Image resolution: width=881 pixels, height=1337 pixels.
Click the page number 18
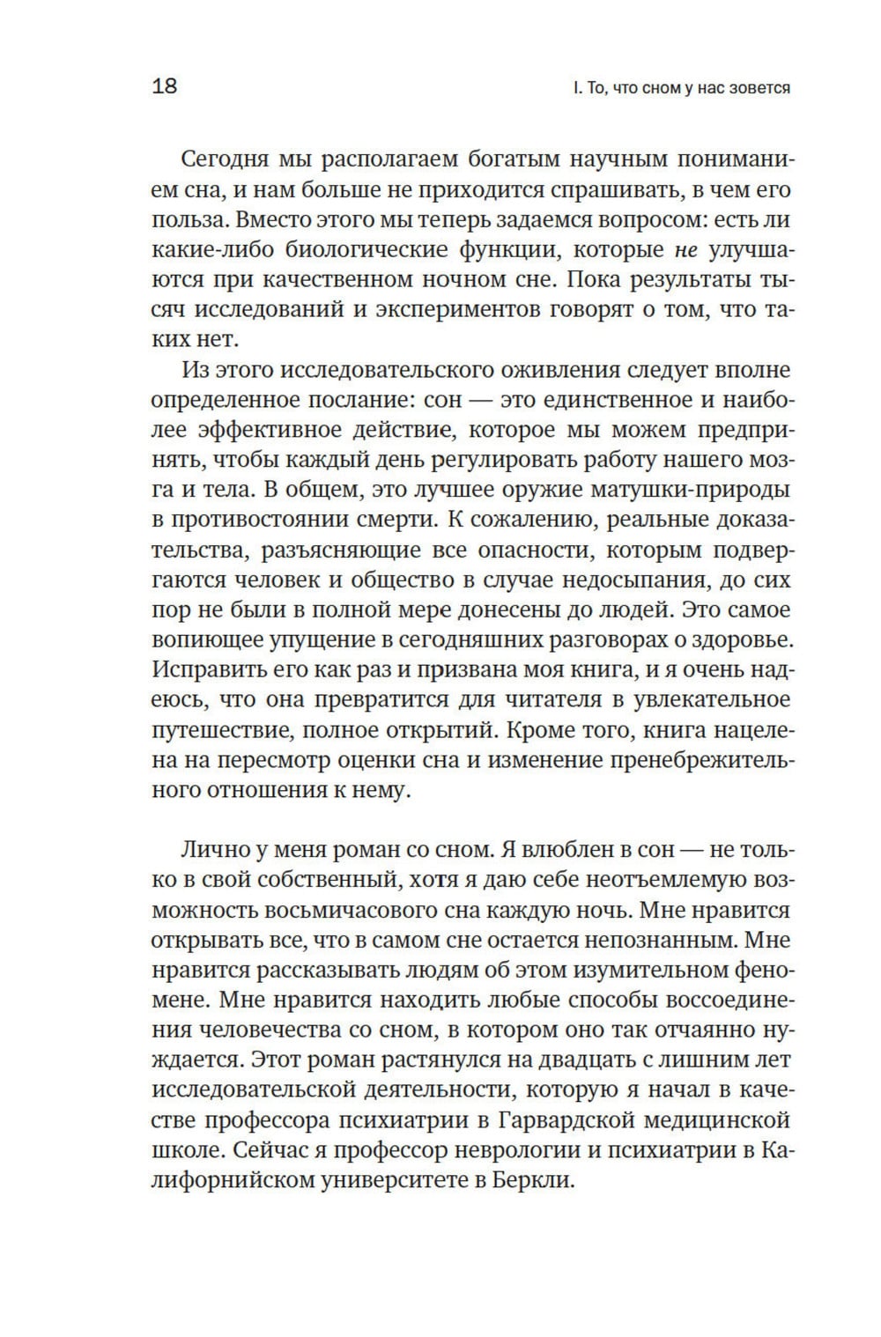pyautogui.click(x=165, y=86)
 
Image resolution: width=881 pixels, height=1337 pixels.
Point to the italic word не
pyautogui.click(x=685, y=250)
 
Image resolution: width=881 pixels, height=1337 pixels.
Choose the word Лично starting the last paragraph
pyautogui.click(x=212, y=850)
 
